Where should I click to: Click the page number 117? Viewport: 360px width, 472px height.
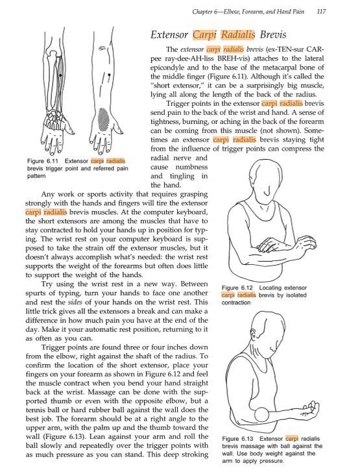click(x=321, y=12)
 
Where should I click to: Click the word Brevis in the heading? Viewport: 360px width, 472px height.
click(x=273, y=34)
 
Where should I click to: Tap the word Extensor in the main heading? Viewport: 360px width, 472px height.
click(x=169, y=34)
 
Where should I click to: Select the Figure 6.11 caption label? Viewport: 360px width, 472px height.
click(x=43, y=161)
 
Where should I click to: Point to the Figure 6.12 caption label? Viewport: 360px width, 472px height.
click(x=237, y=288)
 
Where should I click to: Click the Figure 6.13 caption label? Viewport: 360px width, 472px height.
click(x=237, y=439)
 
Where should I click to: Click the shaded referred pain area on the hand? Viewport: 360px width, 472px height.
click(x=104, y=119)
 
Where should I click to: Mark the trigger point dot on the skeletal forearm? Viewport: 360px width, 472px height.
click(x=60, y=75)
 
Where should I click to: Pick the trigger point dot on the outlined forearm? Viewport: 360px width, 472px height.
click(x=109, y=75)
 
